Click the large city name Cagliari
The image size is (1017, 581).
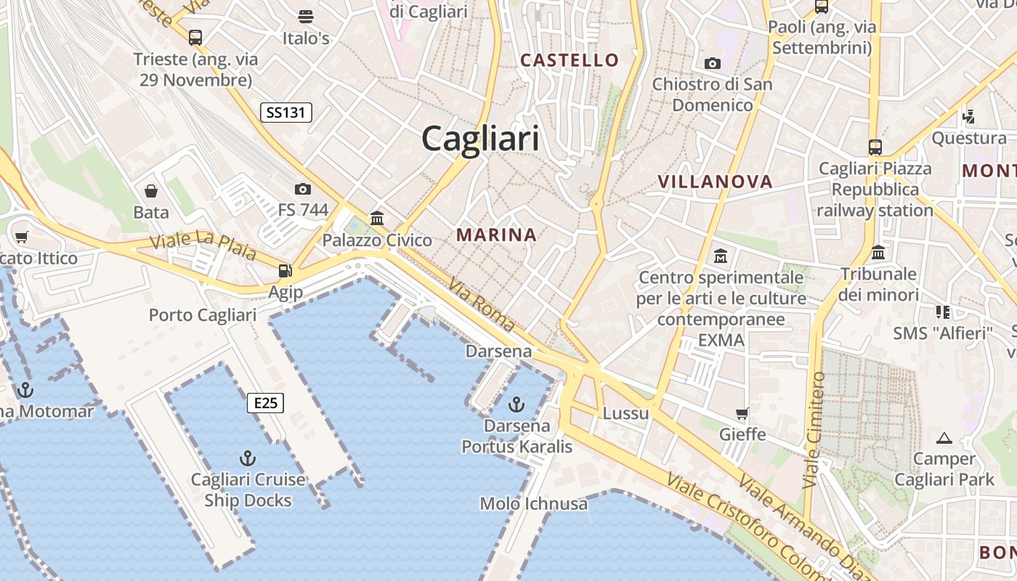tap(480, 138)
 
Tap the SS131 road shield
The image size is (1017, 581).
tap(286, 112)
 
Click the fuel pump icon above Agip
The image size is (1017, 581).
tap(285, 271)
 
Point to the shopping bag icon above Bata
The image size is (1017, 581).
tap(151, 191)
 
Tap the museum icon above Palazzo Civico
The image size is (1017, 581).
tap(377, 218)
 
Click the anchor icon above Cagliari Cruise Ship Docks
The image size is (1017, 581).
tap(248, 458)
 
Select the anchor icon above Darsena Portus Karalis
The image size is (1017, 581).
tap(516, 404)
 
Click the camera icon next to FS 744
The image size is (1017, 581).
tap(303, 190)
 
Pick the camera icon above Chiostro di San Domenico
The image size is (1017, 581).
tap(712, 63)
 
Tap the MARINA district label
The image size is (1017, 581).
tap(497, 235)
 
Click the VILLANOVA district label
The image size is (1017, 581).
tap(715, 182)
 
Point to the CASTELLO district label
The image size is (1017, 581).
tap(570, 60)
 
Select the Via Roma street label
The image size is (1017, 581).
tap(482, 305)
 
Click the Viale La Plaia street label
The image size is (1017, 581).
tap(203, 245)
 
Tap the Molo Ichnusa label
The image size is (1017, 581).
tap(534, 503)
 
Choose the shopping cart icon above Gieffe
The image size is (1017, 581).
tap(742, 414)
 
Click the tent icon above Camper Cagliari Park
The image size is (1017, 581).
tap(944, 438)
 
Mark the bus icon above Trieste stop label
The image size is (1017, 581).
tap(195, 37)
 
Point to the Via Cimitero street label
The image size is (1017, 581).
tap(814, 430)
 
